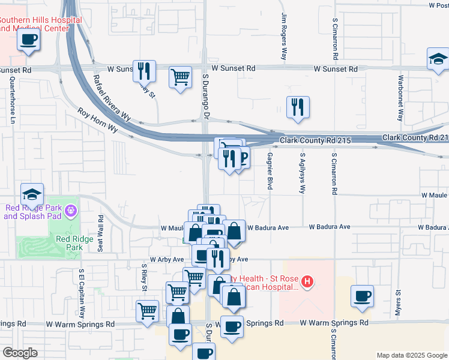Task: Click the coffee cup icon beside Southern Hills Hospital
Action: (29, 40)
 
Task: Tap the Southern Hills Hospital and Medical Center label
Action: (41, 24)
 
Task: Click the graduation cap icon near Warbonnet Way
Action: (438, 59)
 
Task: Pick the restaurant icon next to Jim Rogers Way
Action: (298, 107)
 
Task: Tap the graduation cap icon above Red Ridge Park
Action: (32, 194)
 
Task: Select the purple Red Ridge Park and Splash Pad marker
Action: (71, 211)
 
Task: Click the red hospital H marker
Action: (307, 281)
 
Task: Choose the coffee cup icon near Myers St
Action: (363, 296)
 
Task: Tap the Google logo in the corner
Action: (20, 353)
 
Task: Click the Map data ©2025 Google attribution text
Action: (411, 355)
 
